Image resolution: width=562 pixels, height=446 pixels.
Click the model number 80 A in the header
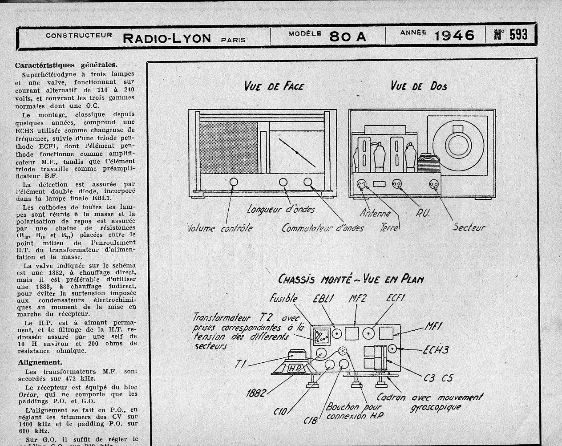point(348,36)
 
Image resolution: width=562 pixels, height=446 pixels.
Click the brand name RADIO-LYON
point(167,38)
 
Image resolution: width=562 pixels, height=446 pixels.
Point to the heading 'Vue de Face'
point(274,86)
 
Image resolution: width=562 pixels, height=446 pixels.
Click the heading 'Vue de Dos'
point(419,85)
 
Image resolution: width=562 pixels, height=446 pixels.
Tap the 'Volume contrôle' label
point(220,228)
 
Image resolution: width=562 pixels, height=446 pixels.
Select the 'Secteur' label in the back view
point(469,227)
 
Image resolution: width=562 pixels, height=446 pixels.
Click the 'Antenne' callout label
point(375,213)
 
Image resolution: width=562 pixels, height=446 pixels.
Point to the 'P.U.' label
point(422,213)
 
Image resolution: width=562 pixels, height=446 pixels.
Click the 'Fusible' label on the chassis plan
point(283,298)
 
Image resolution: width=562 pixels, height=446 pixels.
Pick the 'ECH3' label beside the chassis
point(436,350)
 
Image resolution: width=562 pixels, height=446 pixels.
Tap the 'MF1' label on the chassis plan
point(433,326)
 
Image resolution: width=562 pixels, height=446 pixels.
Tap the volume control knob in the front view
point(233,182)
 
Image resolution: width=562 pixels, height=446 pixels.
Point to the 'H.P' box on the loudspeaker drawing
point(295,368)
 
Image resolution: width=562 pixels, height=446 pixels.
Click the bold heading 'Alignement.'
point(39,362)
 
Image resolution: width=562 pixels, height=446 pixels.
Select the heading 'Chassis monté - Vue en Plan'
point(351,279)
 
